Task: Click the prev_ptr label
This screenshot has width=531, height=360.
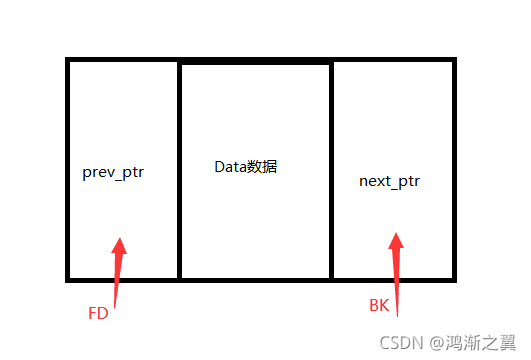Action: click(x=113, y=172)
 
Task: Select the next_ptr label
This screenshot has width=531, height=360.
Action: click(x=390, y=181)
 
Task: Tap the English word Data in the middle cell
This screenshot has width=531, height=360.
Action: click(x=231, y=166)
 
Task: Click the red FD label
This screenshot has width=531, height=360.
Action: click(x=98, y=313)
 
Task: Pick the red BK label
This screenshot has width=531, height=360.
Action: click(x=379, y=306)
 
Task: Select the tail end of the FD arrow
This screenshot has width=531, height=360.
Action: click(x=115, y=306)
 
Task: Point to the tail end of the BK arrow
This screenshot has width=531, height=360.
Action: click(x=397, y=315)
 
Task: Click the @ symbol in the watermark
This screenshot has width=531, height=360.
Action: click(x=437, y=342)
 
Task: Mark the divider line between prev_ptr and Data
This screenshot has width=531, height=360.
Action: click(x=179, y=170)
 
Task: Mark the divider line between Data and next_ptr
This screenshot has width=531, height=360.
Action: click(x=331, y=170)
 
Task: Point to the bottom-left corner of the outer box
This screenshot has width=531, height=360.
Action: click(x=68, y=278)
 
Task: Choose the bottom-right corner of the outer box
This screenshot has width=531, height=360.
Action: click(x=455, y=278)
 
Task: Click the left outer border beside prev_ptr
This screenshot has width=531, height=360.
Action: click(x=68, y=172)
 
